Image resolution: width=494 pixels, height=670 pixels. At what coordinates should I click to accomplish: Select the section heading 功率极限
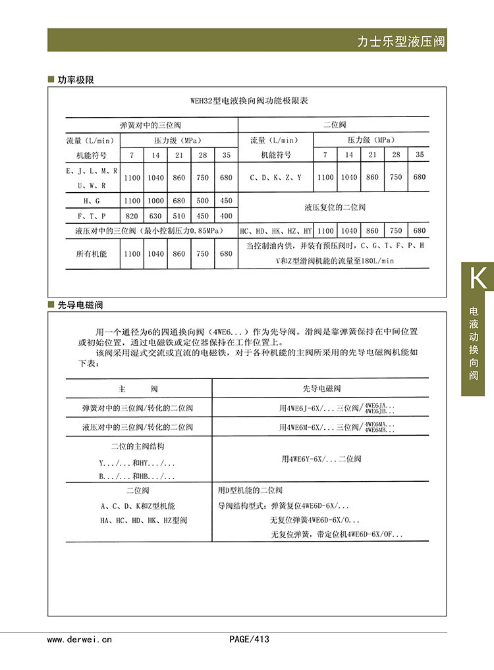[76, 80]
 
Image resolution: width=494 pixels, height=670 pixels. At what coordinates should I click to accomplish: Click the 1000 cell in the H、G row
[156, 201]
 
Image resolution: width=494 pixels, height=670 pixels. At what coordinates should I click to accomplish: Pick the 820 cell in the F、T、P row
[132, 216]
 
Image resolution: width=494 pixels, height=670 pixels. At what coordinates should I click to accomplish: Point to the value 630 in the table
[156, 216]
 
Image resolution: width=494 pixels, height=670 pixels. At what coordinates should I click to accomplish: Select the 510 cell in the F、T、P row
[179, 216]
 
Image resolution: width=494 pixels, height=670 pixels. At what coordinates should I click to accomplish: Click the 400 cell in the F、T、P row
[226, 216]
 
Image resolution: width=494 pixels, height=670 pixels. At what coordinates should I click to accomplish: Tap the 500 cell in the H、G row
[203, 201]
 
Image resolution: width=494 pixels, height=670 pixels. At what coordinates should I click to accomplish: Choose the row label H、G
[92, 201]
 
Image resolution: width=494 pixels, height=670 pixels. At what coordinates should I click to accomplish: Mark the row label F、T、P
[92, 216]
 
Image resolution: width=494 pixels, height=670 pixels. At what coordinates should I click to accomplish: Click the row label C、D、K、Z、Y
[275, 178]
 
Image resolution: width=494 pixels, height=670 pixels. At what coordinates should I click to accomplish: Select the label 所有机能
[92, 253]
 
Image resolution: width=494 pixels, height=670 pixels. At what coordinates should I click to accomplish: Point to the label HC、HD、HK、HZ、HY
[275, 231]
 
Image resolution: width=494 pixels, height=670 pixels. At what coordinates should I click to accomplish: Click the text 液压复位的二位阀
[335, 207]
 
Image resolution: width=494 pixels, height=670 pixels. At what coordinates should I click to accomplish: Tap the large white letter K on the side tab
[478, 278]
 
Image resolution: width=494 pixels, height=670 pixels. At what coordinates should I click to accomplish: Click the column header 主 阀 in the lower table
[138, 388]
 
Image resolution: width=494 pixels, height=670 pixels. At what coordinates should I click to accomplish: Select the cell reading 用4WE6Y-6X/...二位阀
[321, 459]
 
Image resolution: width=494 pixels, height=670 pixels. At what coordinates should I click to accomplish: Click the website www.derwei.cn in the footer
[80, 638]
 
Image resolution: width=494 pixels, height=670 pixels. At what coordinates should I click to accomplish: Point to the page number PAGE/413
[249, 638]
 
